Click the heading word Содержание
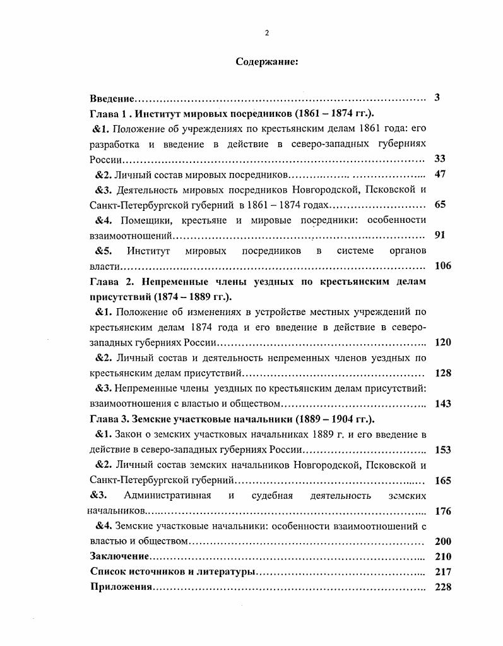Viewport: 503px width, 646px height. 266,62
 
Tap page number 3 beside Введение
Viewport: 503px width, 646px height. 437,98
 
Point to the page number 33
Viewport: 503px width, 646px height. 440,159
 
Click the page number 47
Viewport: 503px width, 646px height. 440,174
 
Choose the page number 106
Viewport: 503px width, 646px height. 443,266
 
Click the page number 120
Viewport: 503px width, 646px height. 443,342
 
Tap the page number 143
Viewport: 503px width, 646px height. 443,404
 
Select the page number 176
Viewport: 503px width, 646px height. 443,511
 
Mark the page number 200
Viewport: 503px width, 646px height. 443,541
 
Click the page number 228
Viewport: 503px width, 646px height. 443,587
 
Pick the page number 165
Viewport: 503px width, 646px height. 443,481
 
